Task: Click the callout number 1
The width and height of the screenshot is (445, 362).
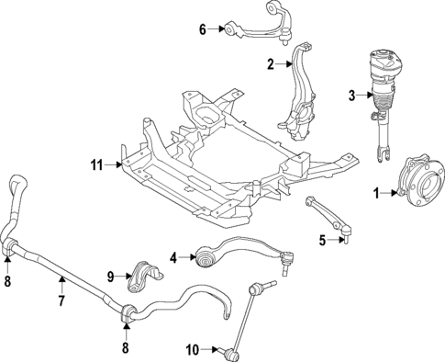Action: (x=375, y=193)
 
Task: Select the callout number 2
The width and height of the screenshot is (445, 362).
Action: (x=271, y=64)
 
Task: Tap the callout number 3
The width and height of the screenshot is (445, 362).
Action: (x=350, y=95)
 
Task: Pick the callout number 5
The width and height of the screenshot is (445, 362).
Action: (x=322, y=241)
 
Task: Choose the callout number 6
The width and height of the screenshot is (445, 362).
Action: (x=203, y=29)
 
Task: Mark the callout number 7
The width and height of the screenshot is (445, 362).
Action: (x=61, y=300)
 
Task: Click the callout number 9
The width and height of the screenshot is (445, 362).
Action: (x=111, y=276)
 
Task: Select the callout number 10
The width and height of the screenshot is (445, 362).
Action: (x=193, y=349)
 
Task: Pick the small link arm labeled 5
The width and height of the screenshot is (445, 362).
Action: (x=328, y=215)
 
